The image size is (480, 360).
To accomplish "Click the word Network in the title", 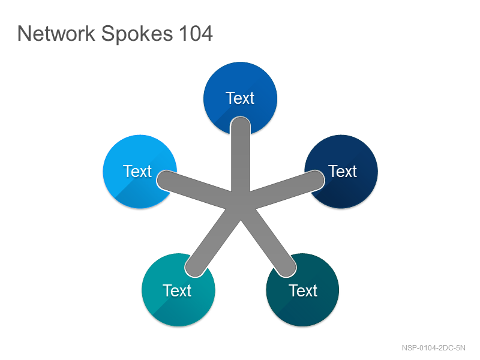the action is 56,33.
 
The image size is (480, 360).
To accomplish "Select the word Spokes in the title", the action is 137,34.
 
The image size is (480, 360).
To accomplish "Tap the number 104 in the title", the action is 196,34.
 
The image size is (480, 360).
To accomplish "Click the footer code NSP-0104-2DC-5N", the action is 433,348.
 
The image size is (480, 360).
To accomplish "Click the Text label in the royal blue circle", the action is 240,98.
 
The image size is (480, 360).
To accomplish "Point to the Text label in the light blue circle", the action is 137,171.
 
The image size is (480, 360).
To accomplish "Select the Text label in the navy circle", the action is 343,171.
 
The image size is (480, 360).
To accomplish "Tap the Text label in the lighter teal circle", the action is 177,290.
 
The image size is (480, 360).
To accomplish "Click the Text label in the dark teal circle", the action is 303,290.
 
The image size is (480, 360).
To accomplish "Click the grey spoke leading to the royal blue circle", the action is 241,156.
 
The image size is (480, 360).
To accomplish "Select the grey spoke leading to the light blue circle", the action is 196,190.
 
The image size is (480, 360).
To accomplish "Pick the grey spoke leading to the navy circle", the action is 284,190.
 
